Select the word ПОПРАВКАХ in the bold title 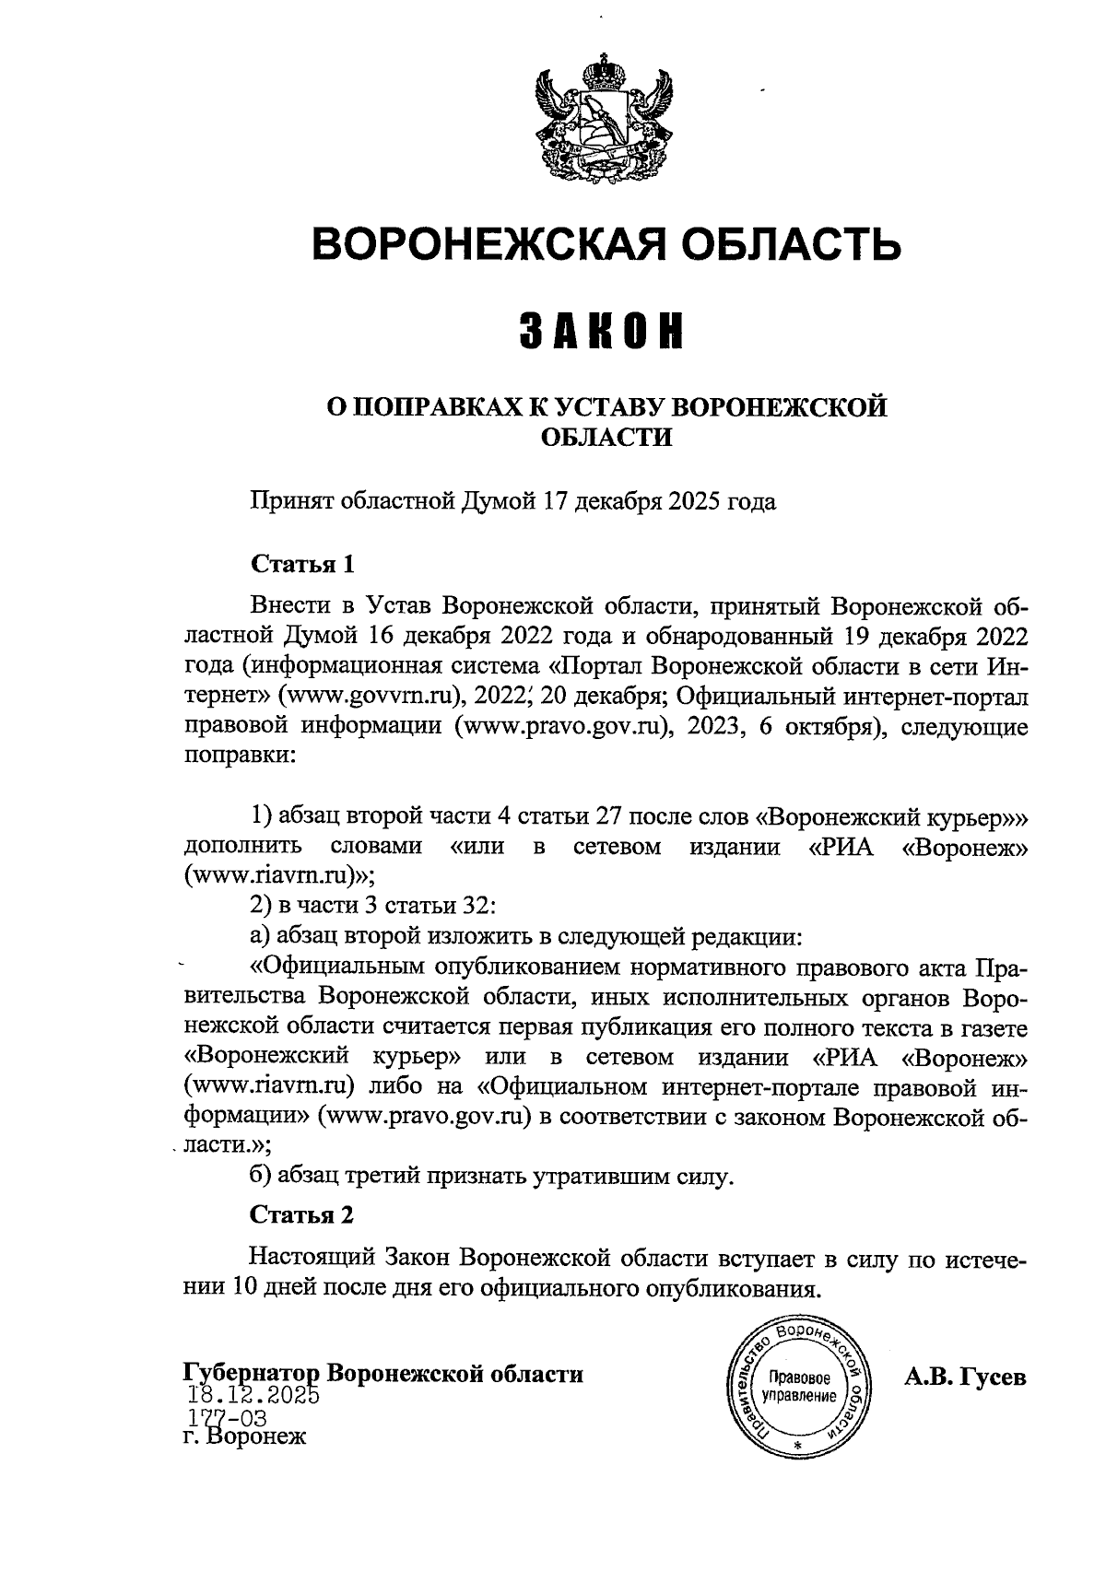tap(451, 406)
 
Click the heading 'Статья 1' tap(302, 564)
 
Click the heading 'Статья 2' tap(302, 1215)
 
